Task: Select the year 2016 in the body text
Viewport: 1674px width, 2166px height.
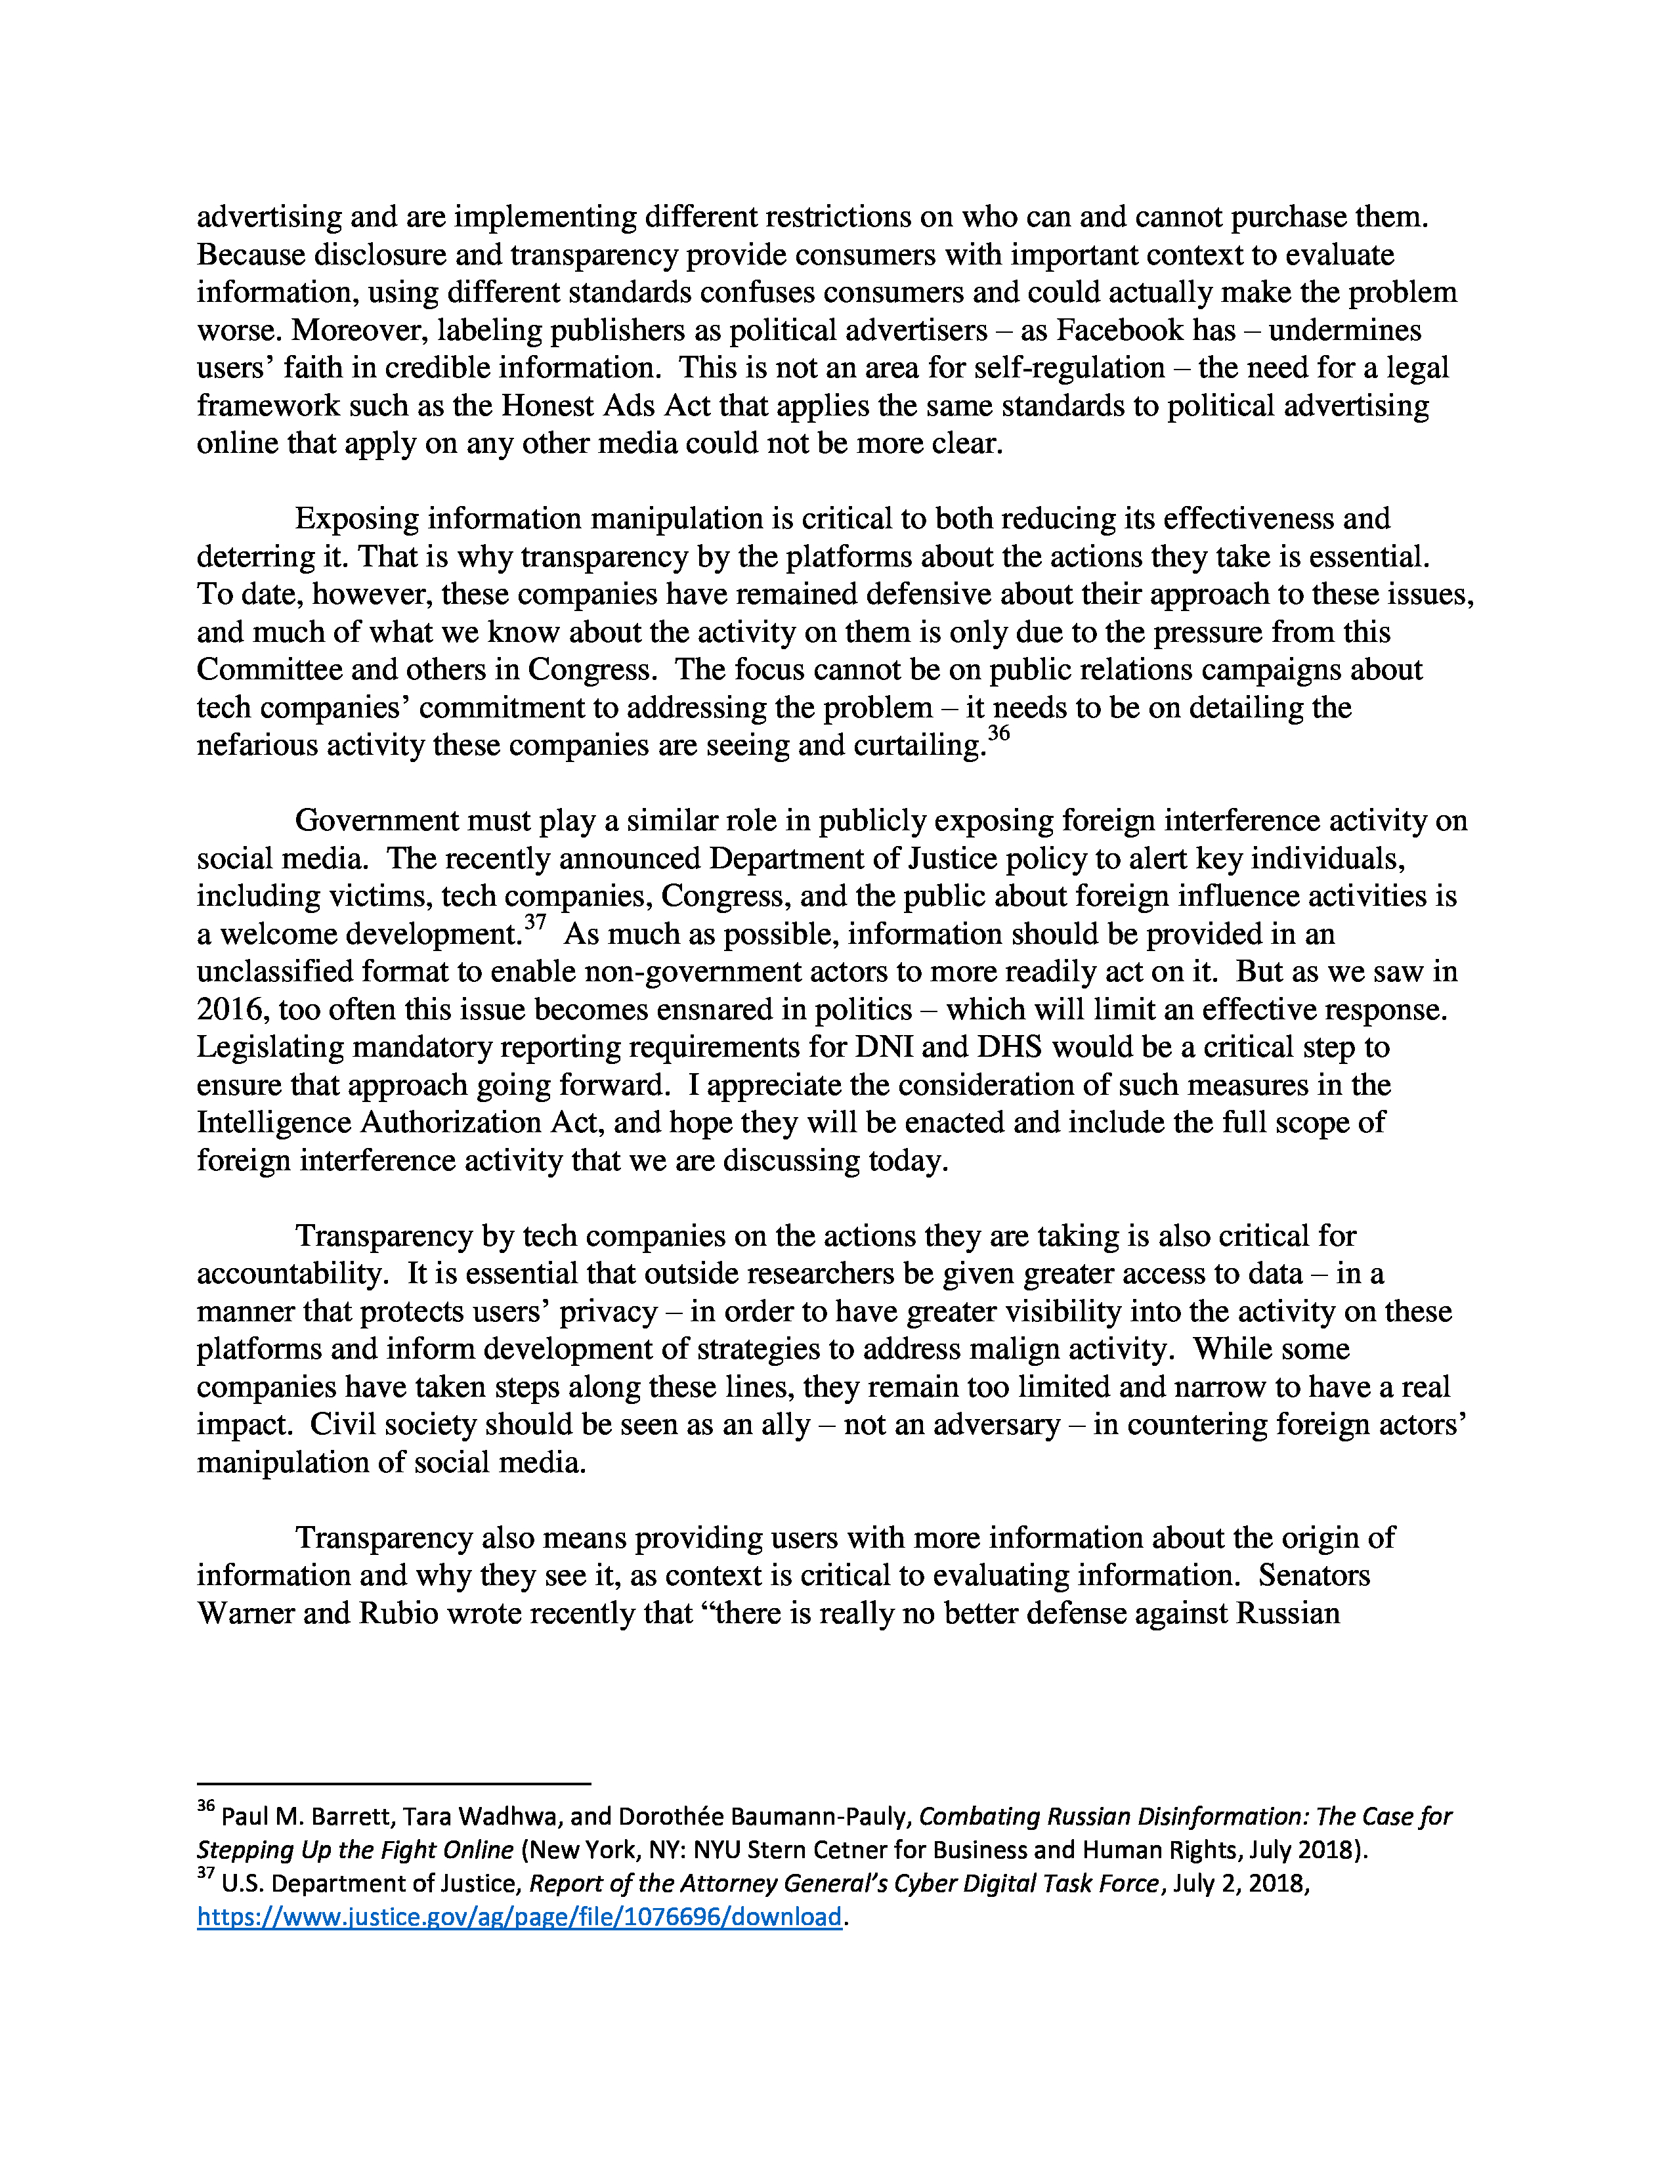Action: click(232, 1009)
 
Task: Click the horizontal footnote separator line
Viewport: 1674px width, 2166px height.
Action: click(394, 1784)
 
